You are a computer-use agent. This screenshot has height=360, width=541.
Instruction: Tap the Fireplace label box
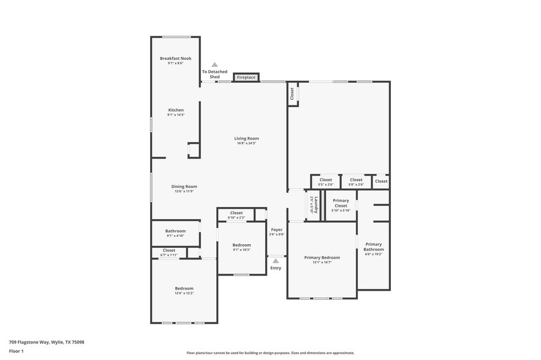pyautogui.click(x=246, y=78)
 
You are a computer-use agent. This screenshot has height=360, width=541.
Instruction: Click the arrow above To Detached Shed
pyautogui.click(x=214, y=64)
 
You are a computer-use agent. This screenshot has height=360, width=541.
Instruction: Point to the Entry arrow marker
pyautogui.click(x=276, y=261)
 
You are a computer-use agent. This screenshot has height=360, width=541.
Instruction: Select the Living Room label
pyautogui.click(x=246, y=138)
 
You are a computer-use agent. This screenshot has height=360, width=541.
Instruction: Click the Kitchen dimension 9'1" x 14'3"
pyautogui.click(x=176, y=115)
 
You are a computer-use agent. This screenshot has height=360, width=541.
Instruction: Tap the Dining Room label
pyautogui.click(x=184, y=186)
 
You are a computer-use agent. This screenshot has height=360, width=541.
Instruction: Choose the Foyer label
pyautogui.click(x=277, y=230)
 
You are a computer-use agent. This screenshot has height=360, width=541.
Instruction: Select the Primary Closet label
pyautogui.click(x=341, y=201)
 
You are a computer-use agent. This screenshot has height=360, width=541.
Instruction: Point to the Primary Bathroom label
pyautogui.click(x=374, y=247)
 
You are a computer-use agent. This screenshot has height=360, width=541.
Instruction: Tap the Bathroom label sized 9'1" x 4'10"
pyautogui.click(x=175, y=231)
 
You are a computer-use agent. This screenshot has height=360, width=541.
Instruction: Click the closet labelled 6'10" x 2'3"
pyautogui.click(x=236, y=213)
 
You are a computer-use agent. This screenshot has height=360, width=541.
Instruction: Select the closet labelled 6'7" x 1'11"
pyautogui.click(x=169, y=250)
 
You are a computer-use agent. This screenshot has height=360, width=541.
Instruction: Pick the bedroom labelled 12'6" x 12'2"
pyautogui.click(x=184, y=288)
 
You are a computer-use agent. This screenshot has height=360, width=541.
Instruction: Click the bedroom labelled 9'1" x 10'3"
pyautogui.click(x=241, y=245)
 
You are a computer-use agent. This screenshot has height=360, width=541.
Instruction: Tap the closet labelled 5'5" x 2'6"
pyautogui.click(x=325, y=180)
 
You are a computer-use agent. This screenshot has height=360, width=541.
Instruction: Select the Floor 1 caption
pyautogui.click(x=16, y=351)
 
